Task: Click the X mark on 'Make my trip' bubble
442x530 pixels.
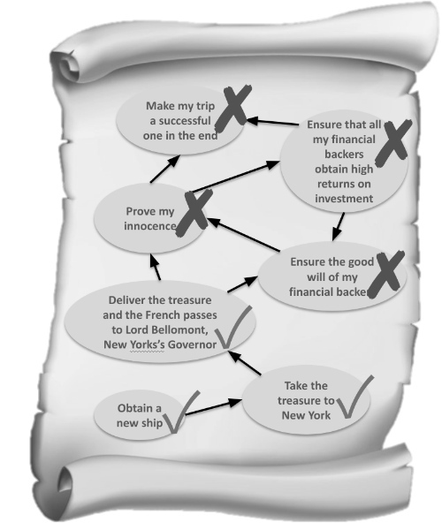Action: pyautogui.click(x=233, y=108)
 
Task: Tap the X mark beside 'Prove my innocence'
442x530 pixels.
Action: pyautogui.click(x=194, y=213)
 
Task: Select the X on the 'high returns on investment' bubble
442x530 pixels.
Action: pyautogui.click(x=393, y=143)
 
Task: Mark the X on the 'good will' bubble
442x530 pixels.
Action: pyautogui.click(x=386, y=274)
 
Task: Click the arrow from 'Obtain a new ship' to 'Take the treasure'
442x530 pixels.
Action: pyautogui.click(x=213, y=407)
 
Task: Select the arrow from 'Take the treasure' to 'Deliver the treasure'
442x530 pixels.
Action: pyautogui.click(x=244, y=363)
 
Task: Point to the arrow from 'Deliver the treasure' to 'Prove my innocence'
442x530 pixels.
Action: pyautogui.click(x=155, y=267)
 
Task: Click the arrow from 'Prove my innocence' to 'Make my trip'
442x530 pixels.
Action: pyautogui.click(x=165, y=169)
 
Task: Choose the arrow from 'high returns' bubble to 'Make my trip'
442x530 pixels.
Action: pyautogui.click(x=272, y=122)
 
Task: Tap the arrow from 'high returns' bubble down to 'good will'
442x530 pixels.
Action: pyautogui.click(x=339, y=226)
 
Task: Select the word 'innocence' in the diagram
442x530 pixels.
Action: pyautogui.click(x=149, y=226)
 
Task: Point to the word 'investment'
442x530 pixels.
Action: pyautogui.click(x=344, y=199)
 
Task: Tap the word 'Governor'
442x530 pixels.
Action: pyautogui.click(x=192, y=344)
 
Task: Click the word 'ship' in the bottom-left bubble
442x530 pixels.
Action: pyautogui.click(x=153, y=423)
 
